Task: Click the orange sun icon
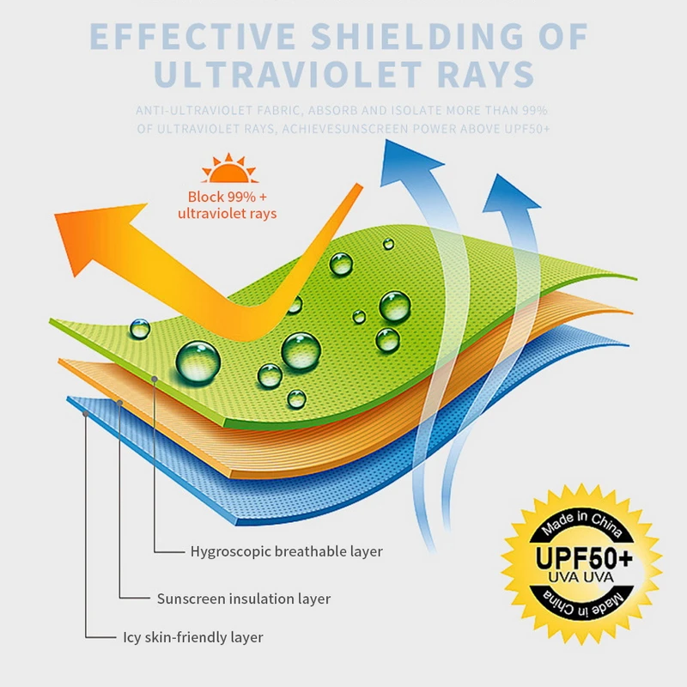[x=228, y=169]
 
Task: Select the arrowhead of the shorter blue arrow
[x=508, y=192]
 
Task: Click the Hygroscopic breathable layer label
[x=286, y=551]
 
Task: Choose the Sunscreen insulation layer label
[x=243, y=599]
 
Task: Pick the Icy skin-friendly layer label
[x=192, y=637]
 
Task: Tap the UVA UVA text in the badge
[x=582, y=579]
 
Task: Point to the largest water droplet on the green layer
[x=198, y=361]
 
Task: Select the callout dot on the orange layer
[x=120, y=401]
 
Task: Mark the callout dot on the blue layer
[x=85, y=413]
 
